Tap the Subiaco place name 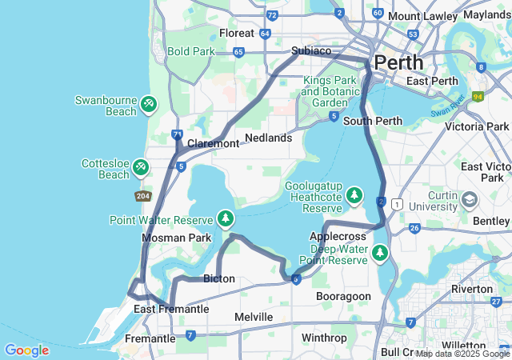click(x=311, y=50)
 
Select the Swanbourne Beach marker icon click(x=148, y=104)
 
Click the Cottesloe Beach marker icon click(x=140, y=166)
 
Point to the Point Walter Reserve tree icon click(x=226, y=218)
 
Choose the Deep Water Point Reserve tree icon click(x=379, y=254)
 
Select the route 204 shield click(x=142, y=196)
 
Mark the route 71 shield click(x=177, y=135)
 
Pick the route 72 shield click(x=273, y=14)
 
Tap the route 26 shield click(x=414, y=229)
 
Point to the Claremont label click(x=213, y=144)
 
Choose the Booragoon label click(x=343, y=296)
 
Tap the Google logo click(x=26, y=350)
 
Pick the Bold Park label click(x=191, y=51)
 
